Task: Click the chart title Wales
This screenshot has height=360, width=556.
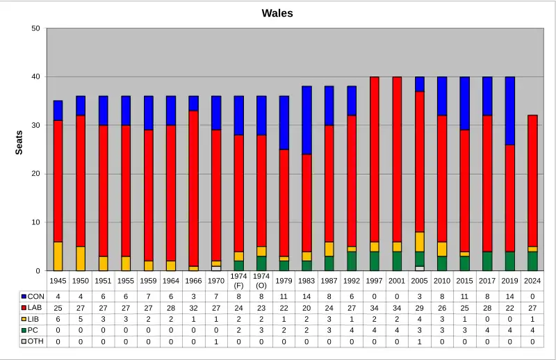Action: pyautogui.click(x=277, y=13)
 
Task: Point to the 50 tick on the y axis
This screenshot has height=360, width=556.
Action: pyautogui.click(x=35, y=28)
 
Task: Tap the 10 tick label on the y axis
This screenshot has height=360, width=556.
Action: pyautogui.click(x=35, y=222)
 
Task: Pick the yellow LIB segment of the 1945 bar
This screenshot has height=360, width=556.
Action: pyautogui.click(x=58, y=256)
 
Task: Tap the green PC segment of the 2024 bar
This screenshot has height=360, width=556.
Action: pyautogui.click(x=532, y=261)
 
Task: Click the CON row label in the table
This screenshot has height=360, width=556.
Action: pyautogui.click(x=36, y=297)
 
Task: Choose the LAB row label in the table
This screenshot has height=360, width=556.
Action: pyautogui.click(x=36, y=308)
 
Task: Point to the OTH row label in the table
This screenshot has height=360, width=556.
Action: pyautogui.click(x=36, y=341)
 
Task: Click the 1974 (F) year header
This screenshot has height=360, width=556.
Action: pyautogui.click(x=238, y=281)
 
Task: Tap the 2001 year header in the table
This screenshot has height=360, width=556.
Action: pyautogui.click(x=397, y=281)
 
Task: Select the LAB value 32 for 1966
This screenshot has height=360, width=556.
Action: pyautogui.click(x=194, y=308)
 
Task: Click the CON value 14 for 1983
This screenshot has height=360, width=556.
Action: pyautogui.click(x=306, y=297)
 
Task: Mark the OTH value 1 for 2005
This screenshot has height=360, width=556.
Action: pyautogui.click(x=419, y=341)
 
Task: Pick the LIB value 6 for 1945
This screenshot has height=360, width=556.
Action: pyautogui.click(x=58, y=319)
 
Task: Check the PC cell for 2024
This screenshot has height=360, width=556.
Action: pyautogui.click(x=532, y=330)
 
